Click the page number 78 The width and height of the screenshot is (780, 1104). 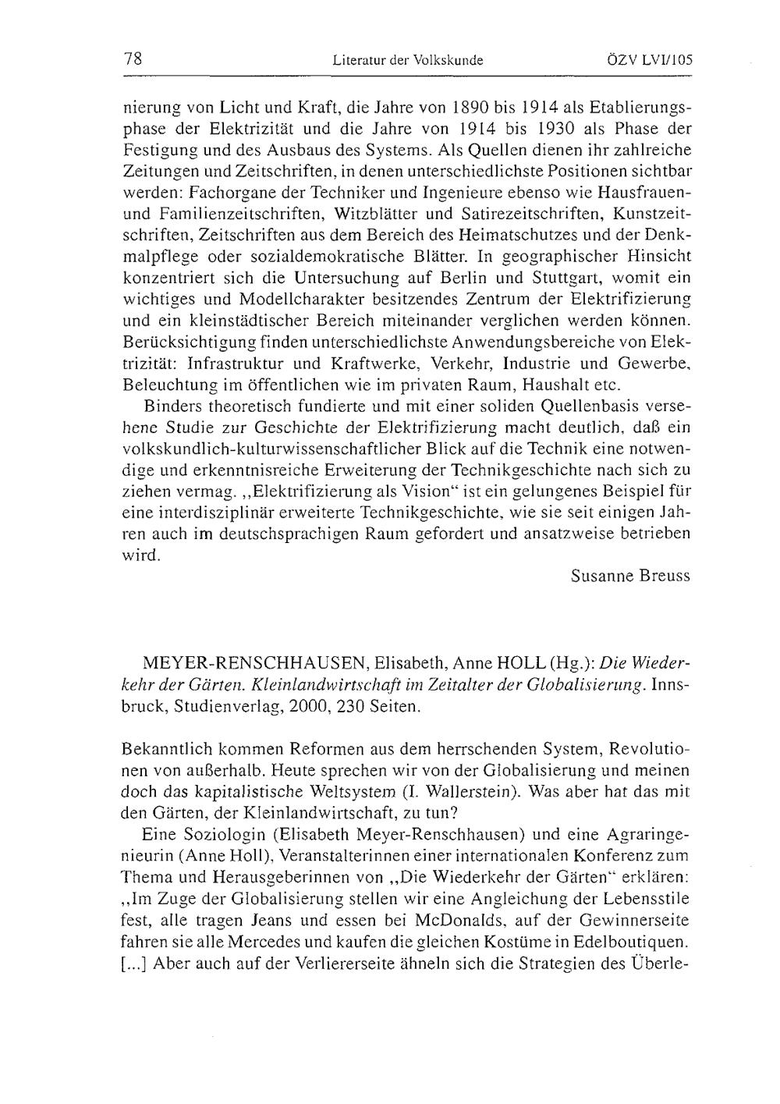[x=131, y=59]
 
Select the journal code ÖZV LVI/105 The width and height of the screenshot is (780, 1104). [x=648, y=59]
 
